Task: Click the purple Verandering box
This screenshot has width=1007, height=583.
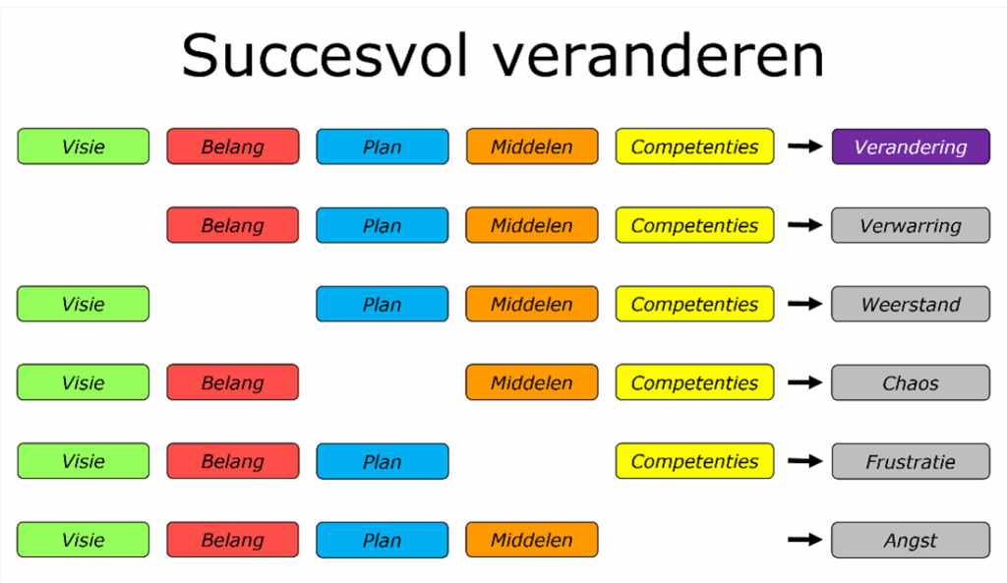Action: click(x=911, y=146)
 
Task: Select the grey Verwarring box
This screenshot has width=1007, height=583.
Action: click(x=911, y=225)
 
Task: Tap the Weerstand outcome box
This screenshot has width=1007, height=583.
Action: click(x=911, y=304)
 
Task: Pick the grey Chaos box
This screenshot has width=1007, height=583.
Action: click(x=911, y=382)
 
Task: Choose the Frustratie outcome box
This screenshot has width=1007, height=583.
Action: click(x=911, y=461)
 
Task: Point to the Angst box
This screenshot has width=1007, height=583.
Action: click(x=911, y=540)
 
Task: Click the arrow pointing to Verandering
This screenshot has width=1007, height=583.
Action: click(x=804, y=146)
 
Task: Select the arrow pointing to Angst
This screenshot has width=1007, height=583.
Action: click(x=804, y=540)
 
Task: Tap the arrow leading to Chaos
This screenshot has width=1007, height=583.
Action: click(x=804, y=382)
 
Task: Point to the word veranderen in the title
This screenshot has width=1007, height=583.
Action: click(x=659, y=57)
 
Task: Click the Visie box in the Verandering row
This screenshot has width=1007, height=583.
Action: click(x=84, y=146)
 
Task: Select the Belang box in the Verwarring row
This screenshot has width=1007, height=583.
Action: click(x=233, y=225)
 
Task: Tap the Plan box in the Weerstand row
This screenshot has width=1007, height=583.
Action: click(x=383, y=304)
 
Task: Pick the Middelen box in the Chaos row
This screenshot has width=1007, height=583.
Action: click(x=532, y=382)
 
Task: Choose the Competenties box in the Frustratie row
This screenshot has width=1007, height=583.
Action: click(x=694, y=461)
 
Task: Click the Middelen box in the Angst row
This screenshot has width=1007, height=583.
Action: click(x=532, y=540)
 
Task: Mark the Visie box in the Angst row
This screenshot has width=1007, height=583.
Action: click(x=84, y=540)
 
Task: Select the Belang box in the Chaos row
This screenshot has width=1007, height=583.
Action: click(x=233, y=382)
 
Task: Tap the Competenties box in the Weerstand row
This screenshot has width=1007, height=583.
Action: click(x=694, y=304)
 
